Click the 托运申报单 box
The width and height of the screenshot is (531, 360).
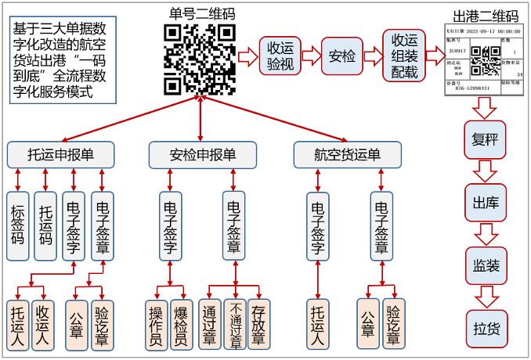tap(60, 154)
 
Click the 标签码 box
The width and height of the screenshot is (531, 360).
tap(18, 225)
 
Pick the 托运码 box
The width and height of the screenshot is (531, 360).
tap(45, 225)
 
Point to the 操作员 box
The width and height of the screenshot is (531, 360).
tap(157, 321)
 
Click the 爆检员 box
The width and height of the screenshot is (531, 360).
tap(181, 321)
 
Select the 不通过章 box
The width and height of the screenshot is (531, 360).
tap(234, 321)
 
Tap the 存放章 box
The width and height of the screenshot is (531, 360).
tap(258, 321)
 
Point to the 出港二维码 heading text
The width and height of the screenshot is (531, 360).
tap(486, 16)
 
